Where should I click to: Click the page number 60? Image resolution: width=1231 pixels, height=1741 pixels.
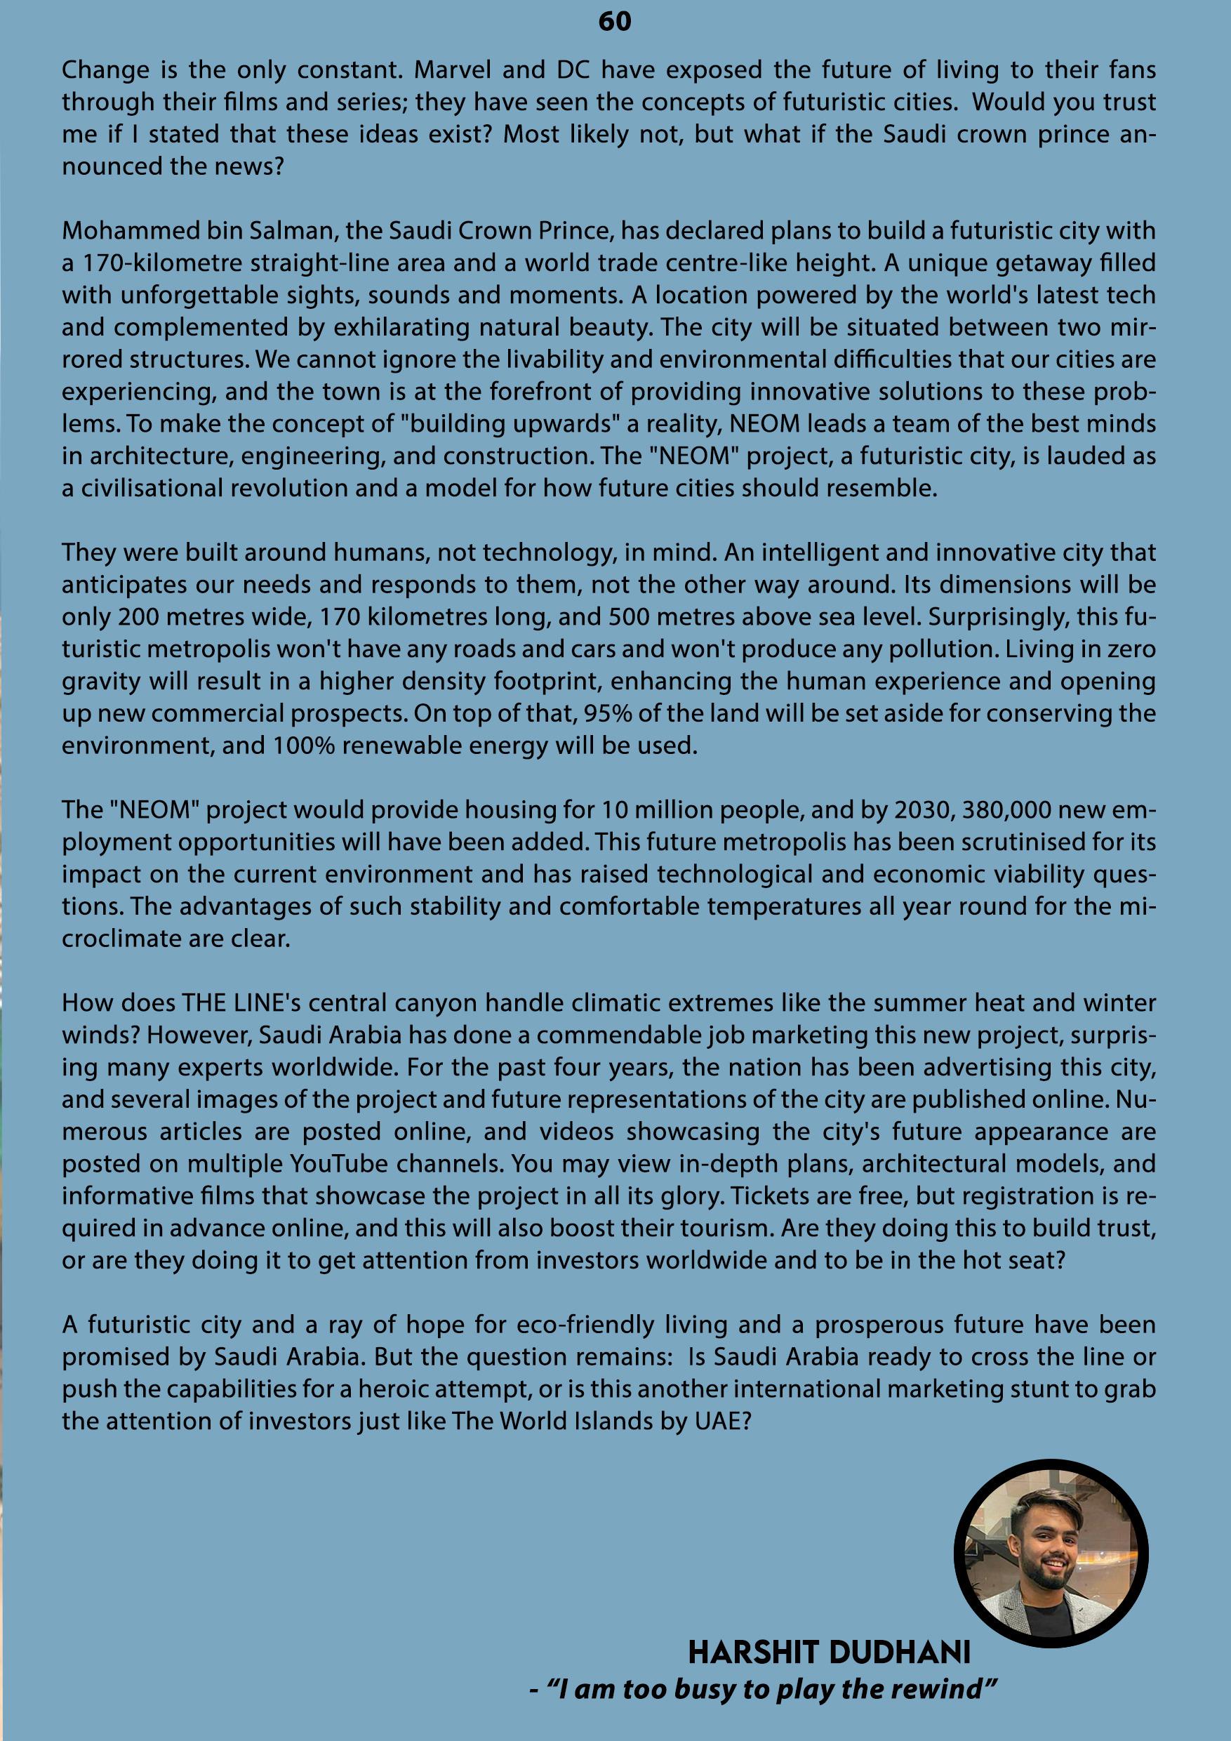(614, 22)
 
